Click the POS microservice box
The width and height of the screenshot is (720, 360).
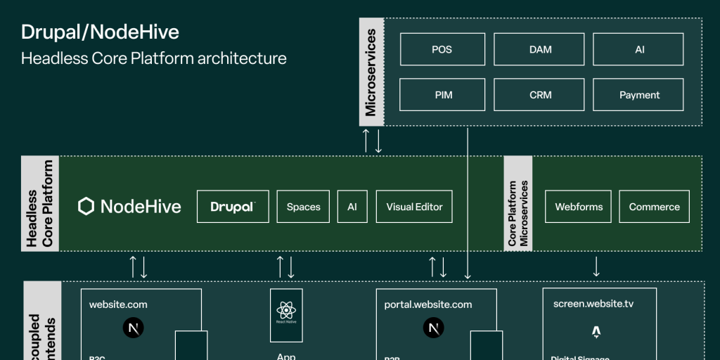(442, 49)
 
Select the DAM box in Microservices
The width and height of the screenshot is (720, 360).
(540, 49)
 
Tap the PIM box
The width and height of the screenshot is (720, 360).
(442, 95)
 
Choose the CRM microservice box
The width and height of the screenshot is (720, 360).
(540, 95)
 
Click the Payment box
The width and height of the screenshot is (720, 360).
(639, 95)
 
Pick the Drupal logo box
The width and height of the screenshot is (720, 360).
(233, 207)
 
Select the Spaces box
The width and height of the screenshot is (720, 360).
(303, 207)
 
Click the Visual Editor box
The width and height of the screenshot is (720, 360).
(414, 207)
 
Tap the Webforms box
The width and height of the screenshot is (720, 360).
(579, 207)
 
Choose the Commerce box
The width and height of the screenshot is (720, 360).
(654, 207)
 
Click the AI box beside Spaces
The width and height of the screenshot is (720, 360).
(352, 207)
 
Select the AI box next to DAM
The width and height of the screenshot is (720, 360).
(639, 49)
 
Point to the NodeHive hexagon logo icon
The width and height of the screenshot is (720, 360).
(86, 206)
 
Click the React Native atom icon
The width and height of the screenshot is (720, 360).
(285, 309)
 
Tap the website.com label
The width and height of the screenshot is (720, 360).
(118, 304)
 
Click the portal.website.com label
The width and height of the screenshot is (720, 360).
(428, 304)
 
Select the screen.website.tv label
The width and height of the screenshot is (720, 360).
(593, 304)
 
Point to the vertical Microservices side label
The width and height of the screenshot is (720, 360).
(371, 72)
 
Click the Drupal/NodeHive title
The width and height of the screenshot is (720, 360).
(100, 32)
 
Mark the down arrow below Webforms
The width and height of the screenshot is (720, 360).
(596, 266)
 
